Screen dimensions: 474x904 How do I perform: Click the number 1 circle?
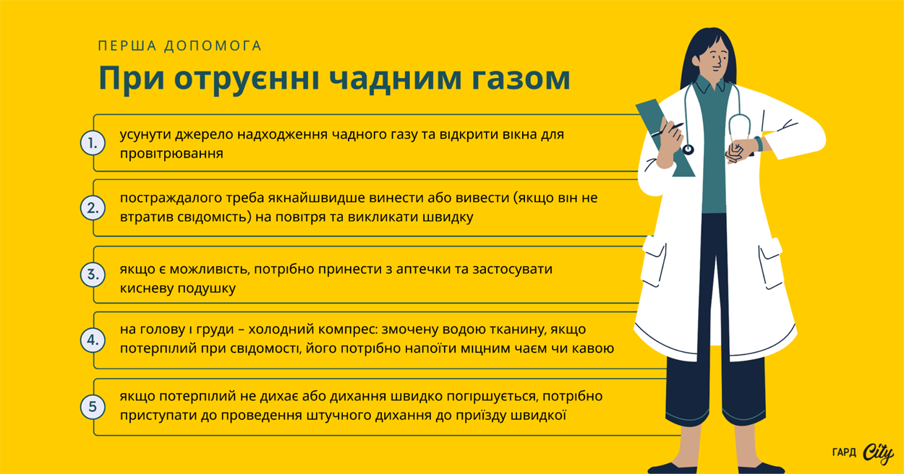point(93,143)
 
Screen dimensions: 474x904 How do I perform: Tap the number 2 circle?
point(93,209)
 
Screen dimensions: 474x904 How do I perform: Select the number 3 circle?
point(93,275)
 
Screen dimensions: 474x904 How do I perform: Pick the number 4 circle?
point(93,340)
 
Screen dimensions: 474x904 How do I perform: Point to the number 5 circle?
point(93,407)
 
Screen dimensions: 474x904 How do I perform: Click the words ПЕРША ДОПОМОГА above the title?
point(179,46)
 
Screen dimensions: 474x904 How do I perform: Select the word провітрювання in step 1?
point(171,153)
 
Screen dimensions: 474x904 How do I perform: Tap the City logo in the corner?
point(877,453)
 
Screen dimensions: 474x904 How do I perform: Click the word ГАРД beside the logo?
point(844,453)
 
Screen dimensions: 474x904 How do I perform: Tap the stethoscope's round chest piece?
point(687,150)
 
